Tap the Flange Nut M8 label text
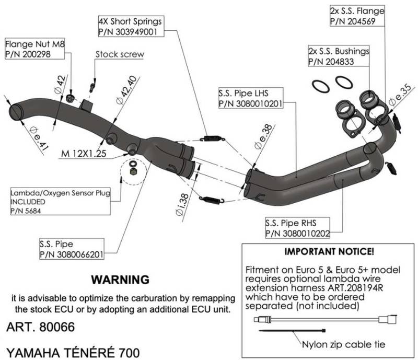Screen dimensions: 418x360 [35, 44]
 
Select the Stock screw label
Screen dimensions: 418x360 [120, 54]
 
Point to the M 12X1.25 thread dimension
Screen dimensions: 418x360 [84, 153]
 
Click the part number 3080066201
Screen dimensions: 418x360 [80, 254]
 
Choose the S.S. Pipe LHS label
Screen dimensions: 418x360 [243, 94]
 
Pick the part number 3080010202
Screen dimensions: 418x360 [306, 234]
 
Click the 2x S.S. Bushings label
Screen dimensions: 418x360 [339, 51]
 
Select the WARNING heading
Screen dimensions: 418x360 [120, 280]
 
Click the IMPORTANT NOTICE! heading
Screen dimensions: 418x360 [329, 251]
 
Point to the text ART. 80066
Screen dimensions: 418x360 [41, 327]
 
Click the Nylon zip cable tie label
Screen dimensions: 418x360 [344, 344]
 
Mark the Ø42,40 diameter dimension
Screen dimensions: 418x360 [127, 90]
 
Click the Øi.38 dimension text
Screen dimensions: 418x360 [182, 204]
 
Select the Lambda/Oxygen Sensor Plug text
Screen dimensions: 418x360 [60, 193]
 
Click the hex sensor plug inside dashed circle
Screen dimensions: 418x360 [133, 171]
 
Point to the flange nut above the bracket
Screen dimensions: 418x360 [70, 98]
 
